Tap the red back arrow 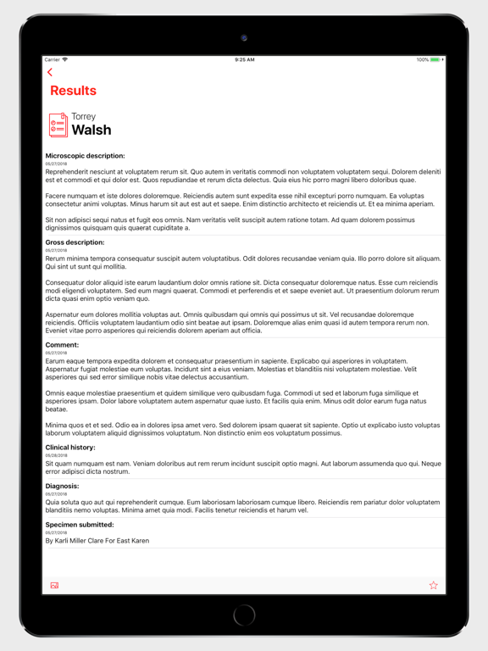(50, 73)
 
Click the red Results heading (73, 91)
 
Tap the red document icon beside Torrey (58, 125)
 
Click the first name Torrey (84, 116)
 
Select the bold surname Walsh (91, 130)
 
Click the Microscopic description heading (85, 156)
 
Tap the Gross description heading (75, 242)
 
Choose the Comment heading (62, 345)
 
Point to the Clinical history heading (70, 448)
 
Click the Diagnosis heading (62, 487)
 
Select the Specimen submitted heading (79, 525)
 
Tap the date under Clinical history (56, 455)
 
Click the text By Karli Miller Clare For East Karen (97, 540)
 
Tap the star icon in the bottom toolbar (434, 585)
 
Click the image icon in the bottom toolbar (54, 585)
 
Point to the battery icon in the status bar (435, 59)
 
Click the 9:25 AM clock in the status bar (244, 59)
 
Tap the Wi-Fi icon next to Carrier (65, 59)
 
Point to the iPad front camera (244, 38)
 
